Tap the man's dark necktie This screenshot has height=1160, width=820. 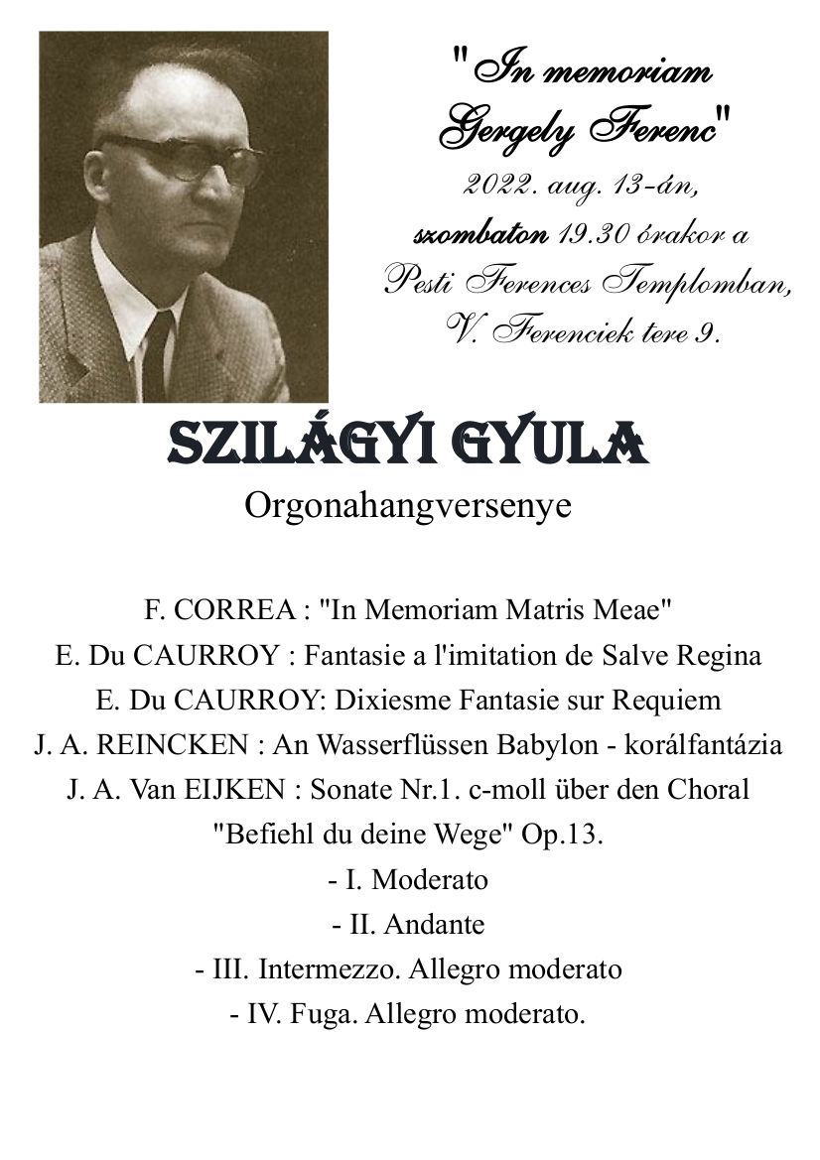click(156, 353)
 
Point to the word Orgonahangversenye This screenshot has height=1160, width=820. click(408, 505)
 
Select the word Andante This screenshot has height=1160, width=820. click(434, 925)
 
